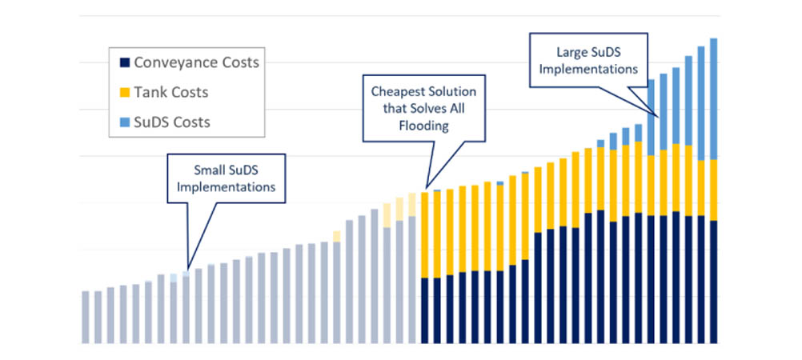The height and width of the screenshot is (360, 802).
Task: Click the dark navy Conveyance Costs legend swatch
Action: click(123, 62)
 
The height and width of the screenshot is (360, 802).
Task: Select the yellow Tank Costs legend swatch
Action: click(123, 93)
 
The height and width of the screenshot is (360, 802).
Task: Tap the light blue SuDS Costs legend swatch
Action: click(123, 122)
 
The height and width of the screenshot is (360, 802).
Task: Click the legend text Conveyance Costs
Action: click(196, 62)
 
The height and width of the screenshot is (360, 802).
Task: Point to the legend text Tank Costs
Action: click(171, 93)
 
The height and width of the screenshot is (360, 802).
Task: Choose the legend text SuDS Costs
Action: click(172, 122)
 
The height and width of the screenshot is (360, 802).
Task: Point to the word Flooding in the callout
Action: click(423, 126)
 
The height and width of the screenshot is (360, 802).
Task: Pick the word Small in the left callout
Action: click(210, 170)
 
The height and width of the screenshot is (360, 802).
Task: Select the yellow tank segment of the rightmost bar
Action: click(713, 190)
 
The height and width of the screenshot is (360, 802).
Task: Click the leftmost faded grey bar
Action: click(86, 317)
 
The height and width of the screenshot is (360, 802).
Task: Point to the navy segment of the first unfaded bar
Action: click(425, 310)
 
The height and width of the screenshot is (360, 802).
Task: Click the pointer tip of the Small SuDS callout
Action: click(188, 268)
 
